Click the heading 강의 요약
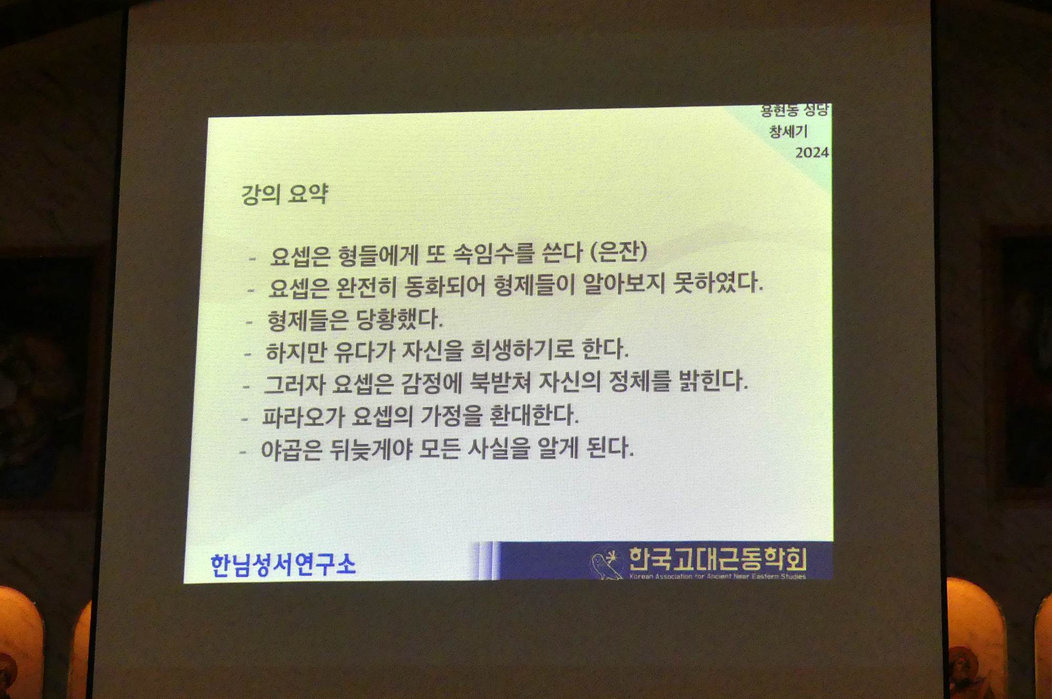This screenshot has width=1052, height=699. click(x=285, y=194)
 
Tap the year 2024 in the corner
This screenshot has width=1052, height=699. click(x=812, y=153)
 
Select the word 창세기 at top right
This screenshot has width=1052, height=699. click(x=788, y=131)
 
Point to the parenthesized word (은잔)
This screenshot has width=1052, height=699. click(x=619, y=251)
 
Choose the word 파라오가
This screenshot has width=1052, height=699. click(x=302, y=417)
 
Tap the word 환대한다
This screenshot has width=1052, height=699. click(x=534, y=415)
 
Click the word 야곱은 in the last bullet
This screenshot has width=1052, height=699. click(x=291, y=450)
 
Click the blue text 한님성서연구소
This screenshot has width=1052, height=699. click(x=283, y=564)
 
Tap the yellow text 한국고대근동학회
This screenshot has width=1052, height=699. click(x=717, y=559)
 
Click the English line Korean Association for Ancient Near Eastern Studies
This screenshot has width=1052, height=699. click(x=717, y=576)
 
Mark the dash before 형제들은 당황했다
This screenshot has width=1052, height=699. click(x=249, y=322)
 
